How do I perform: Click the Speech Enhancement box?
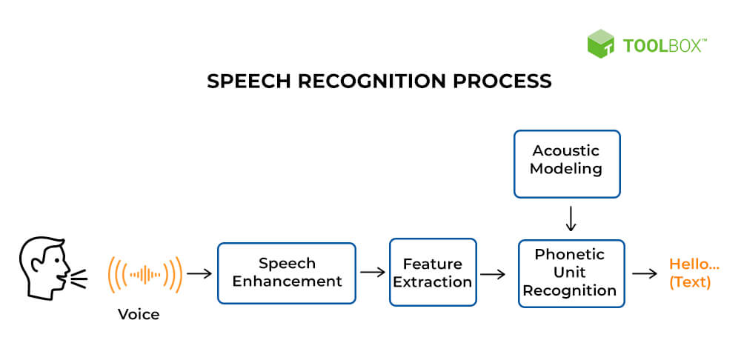[286, 273]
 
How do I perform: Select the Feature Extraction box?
[433, 273]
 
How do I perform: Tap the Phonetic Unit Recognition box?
[571, 273]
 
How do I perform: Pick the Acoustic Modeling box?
[567, 160]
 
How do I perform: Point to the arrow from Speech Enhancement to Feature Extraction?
[372, 273]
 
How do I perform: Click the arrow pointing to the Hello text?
[645, 273]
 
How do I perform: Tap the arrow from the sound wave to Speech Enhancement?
[199, 273]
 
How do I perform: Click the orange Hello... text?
[694, 264]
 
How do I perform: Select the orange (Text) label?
[690, 282]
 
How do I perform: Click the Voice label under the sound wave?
[139, 314]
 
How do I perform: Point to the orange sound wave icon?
[145, 274]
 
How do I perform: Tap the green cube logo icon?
[601, 44]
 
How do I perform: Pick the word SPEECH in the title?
[241, 81]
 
